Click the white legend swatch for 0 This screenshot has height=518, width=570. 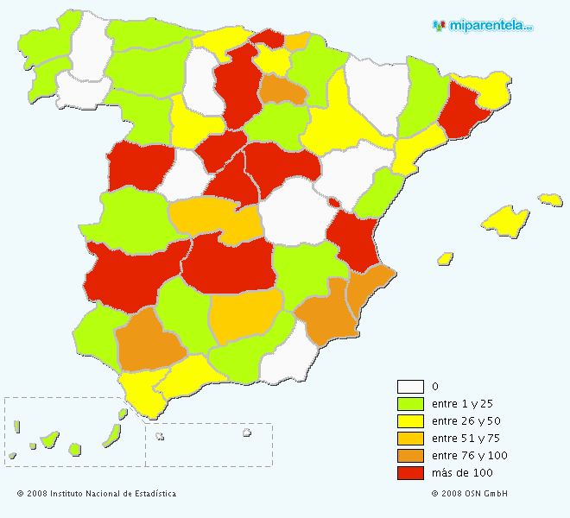410,387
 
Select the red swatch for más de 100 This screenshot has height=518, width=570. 410,472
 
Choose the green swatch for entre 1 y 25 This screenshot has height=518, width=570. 410,404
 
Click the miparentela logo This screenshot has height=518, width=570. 483,26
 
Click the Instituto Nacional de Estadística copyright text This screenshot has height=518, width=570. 97,494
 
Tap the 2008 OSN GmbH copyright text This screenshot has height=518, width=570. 470,494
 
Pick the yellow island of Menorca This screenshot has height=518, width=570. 550,199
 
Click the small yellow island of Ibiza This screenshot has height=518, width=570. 446,257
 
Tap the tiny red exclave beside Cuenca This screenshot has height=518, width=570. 333,202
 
